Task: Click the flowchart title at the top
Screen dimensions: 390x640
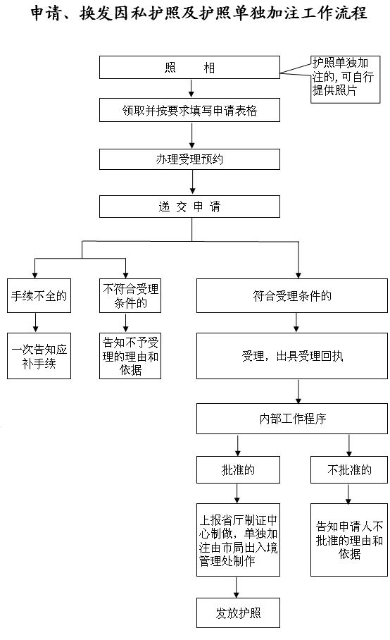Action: [199, 13]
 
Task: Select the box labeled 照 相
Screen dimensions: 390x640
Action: [189, 68]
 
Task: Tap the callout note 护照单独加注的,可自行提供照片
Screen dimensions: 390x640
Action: [345, 79]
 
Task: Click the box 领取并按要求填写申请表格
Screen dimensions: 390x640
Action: [189, 110]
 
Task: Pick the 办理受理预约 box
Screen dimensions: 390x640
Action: [189, 159]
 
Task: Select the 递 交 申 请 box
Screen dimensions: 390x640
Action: [189, 207]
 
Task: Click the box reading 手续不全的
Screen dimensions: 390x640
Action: [39, 295]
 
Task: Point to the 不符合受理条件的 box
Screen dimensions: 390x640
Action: [130, 295]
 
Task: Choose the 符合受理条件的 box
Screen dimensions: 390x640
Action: [291, 295]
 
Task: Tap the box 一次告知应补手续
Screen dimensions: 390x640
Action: [39, 356]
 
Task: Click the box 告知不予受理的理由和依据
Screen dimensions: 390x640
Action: [130, 356]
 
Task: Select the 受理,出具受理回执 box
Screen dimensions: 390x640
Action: [291, 356]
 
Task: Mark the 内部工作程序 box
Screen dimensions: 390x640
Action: [291, 419]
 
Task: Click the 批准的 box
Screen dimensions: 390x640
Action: [238, 470]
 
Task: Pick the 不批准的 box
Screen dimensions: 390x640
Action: [349, 470]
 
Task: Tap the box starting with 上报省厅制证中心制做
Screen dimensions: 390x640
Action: [238, 540]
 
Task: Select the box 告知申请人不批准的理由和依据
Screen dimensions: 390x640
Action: [349, 540]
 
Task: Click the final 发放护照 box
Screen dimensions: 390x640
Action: [238, 613]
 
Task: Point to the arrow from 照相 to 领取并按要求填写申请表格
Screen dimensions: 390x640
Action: [191, 88]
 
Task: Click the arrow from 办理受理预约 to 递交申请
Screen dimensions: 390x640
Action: [192, 183]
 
